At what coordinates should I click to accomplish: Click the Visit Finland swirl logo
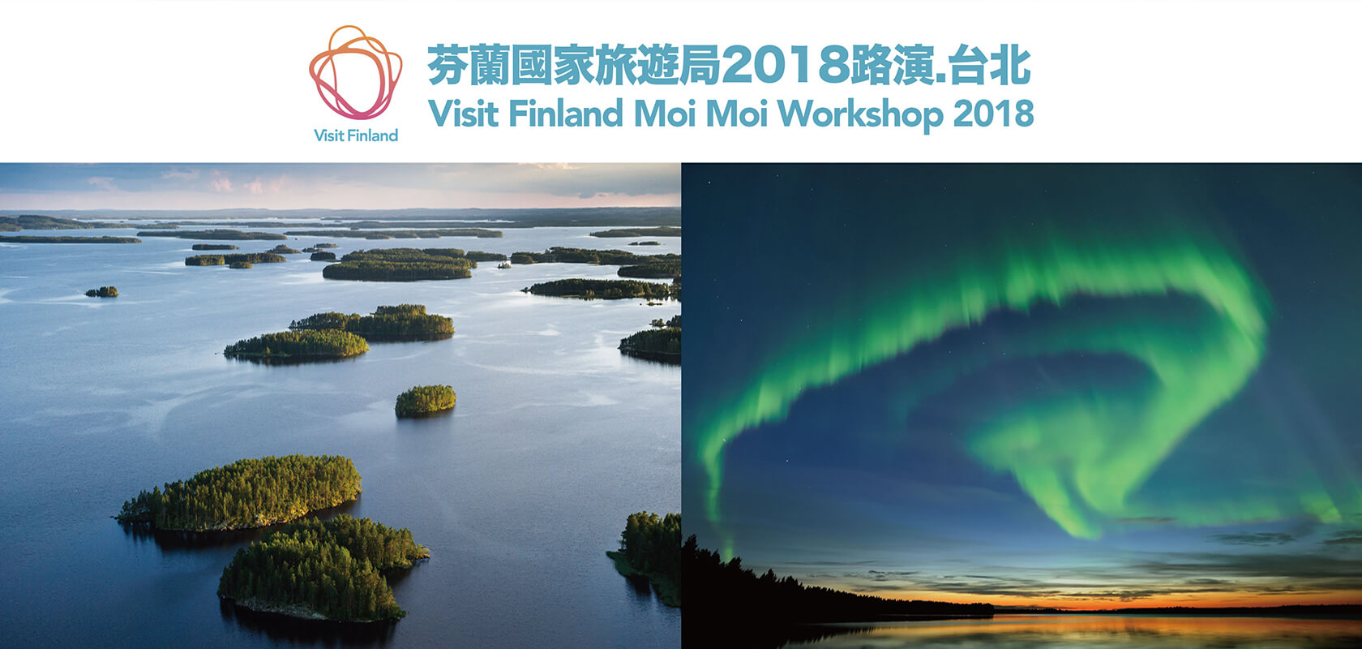[356, 72]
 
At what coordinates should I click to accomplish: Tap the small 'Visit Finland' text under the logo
[356, 135]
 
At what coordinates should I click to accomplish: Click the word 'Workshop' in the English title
[860, 114]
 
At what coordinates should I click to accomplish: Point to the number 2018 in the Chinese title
[785, 65]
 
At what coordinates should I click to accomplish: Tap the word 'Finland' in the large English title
[566, 113]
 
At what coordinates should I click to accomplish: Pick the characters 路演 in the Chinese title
[891, 65]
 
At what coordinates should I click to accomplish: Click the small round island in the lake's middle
[425, 401]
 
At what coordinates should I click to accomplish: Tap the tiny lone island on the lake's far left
[101, 292]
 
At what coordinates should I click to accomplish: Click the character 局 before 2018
[700, 65]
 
